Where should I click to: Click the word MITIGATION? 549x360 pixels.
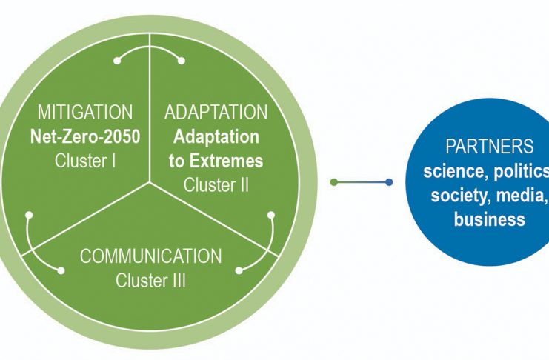pyautogui.click(x=85, y=112)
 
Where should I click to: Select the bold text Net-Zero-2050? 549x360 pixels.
pyautogui.click(x=85, y=136)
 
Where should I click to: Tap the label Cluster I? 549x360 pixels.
pyautogui.click(x=85, y=161)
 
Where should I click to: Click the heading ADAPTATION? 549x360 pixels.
pyautogui.click(x=216, y=112)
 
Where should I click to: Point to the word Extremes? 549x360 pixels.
pyautogui.click(x=226, y=161)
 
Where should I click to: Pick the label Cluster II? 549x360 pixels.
pyautogui.click(x=216, y=185)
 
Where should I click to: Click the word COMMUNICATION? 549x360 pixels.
pyautogui.click(x=151, y=256)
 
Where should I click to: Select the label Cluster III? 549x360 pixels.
pyautogui.click(x=150, y=281)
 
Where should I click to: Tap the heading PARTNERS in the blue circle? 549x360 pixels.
pyautogui.click(x=490, y=147)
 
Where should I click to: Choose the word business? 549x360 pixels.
pyautogui.click(x=490, y=219)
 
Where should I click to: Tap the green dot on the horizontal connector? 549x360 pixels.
pyautogui.click(x=334, y=182)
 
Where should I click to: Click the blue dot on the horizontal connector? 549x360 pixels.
pyautogui.click(x=389, y=182)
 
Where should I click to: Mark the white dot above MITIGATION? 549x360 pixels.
pyautogui.click(x=117, y=61)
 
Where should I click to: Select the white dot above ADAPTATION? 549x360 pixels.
pyautogui.click(x=182, y=61)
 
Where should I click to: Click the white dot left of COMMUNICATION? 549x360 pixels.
pyautogui.click(x=61, y=270)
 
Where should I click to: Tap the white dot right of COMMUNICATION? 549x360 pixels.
pyautogui.click(x=239, y=270)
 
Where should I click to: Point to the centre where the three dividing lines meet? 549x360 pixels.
pyautogui.click(x=150, y=182)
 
